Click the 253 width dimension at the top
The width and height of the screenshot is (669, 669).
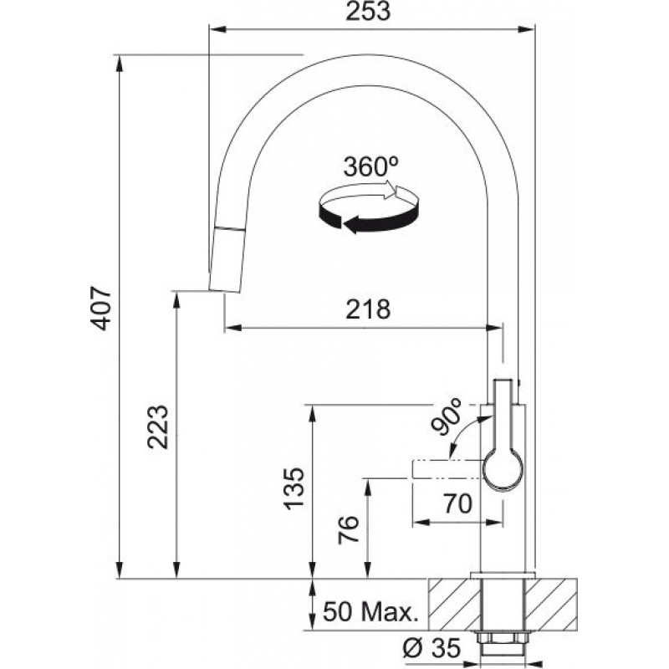[368, 11]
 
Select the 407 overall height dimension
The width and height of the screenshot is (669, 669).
[101, 308]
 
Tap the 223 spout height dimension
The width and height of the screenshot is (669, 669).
[157, 426]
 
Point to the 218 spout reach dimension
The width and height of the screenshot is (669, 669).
[368, 309]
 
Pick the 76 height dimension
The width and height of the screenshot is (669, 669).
[348, 529]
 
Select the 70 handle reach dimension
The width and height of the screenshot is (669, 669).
[458, 503]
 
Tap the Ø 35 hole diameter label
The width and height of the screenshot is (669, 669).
[432, 647]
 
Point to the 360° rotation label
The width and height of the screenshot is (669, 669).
[370, 166]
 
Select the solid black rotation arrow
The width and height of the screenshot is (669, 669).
[368, 217]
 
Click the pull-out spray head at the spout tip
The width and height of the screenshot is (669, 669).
[227, 259]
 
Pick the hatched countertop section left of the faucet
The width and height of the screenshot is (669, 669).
[454, 603]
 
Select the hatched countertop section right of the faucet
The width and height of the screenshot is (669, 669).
[551, 603]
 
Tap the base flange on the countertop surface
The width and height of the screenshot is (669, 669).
[503, 575]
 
